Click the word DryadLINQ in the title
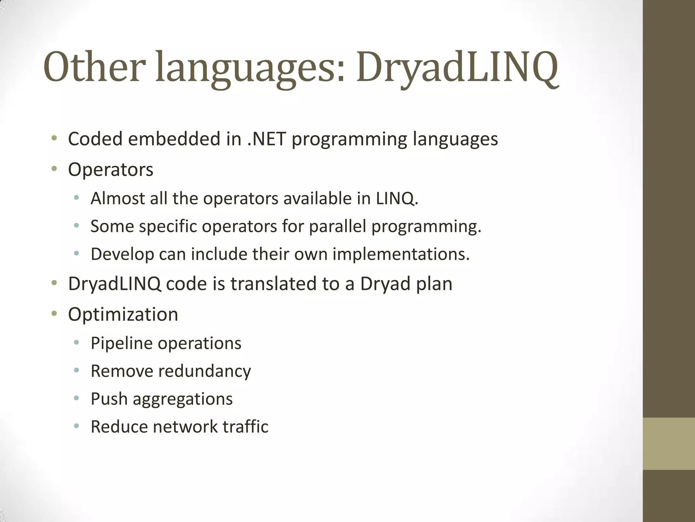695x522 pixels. point(457,67)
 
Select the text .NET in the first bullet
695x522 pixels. point(266,139)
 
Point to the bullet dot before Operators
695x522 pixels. point(54,169)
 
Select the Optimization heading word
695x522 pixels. point(123,314)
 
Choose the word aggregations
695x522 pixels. point(183,399)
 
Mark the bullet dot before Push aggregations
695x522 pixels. point(76,398)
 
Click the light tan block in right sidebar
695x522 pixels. point(669,443)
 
